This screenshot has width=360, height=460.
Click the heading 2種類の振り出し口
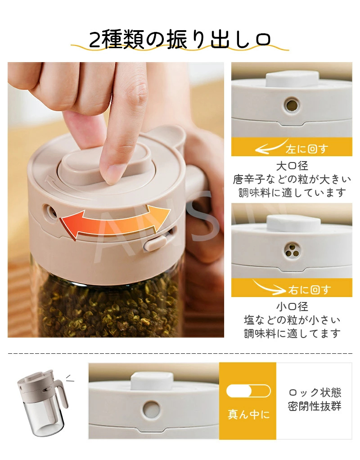180,40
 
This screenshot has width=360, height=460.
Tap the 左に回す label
306,149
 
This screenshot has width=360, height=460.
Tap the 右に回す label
310,290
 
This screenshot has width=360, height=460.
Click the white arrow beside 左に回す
271,147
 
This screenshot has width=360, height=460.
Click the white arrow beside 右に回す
269,288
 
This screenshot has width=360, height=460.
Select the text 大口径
292,166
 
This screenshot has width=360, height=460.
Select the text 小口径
292,307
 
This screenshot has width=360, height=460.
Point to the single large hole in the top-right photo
292,105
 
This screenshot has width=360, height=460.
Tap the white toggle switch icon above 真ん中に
248,391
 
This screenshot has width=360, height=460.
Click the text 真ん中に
248,414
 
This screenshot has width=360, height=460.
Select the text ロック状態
315,392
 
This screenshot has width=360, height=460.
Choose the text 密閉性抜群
315,406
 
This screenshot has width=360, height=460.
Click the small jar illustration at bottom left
43,403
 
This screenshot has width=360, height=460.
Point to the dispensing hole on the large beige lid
50,211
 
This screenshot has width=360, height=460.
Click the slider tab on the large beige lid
155,243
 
